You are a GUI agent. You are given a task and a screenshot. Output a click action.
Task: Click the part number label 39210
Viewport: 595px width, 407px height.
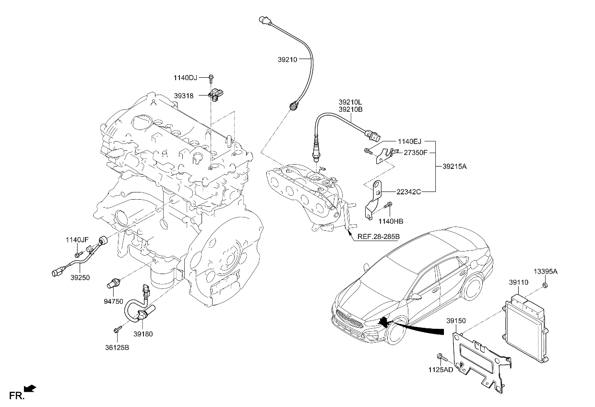[287, 60]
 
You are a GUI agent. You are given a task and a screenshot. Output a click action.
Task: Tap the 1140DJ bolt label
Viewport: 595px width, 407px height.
[185, 78]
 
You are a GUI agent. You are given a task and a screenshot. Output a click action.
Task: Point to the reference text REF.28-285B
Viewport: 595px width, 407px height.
[379, 237]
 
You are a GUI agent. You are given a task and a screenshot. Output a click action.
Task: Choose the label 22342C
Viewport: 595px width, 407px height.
[408, 192]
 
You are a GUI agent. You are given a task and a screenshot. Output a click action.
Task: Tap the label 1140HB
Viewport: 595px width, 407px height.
[390, 221]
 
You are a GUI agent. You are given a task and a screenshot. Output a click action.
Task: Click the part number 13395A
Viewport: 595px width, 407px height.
[546, 272]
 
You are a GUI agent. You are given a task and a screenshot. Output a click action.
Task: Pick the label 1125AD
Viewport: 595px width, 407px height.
[440, 370]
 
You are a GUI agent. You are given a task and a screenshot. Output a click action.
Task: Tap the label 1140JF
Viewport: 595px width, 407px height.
[77, 239]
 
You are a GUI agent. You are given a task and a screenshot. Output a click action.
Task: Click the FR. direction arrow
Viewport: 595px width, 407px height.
[30, 388]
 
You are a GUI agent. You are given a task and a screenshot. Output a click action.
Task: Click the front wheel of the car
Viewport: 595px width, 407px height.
[396, 331]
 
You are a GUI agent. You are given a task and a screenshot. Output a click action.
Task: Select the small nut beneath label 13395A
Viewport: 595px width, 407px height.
[546, 287]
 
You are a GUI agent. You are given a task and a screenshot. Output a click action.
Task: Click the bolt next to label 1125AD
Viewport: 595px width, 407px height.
[440, 356]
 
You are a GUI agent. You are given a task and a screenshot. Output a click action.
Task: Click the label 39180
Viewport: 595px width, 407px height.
[143, 334]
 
